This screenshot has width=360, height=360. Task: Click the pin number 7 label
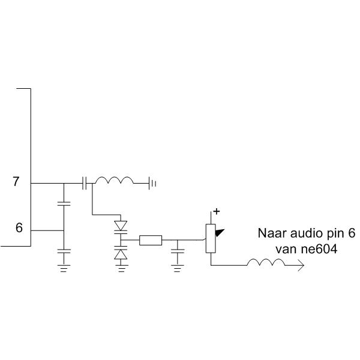[16, 182]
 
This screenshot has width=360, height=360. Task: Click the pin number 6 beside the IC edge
[19, 229]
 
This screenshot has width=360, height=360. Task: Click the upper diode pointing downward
[121, 226]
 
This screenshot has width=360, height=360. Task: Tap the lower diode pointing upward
[121, 254]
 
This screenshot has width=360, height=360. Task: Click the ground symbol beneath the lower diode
[121, 268]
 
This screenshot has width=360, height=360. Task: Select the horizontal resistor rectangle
[150, 241]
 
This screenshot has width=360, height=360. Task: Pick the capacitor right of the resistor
[177, 250]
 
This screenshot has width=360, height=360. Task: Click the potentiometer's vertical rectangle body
[210, 238]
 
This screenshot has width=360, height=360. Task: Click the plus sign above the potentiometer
[217, 211]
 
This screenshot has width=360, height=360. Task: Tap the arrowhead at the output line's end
[299, 265]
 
